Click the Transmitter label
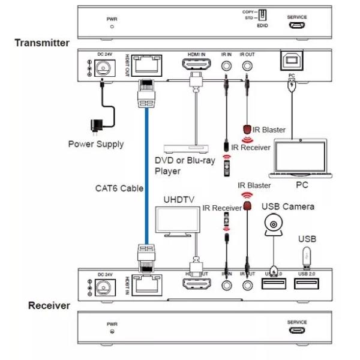(42, 43)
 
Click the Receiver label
(49, 305)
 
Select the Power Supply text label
(95, 144)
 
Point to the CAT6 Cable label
(119, 188)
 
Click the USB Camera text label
(288, 206)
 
